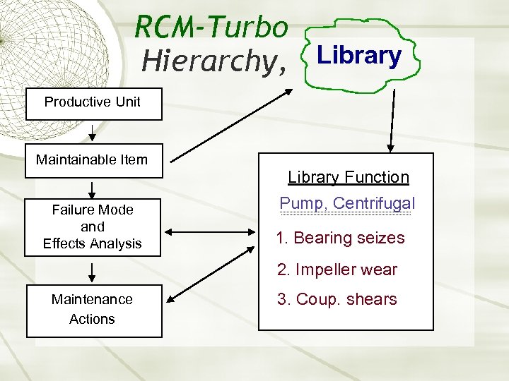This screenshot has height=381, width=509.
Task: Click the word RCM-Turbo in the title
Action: (211, 28)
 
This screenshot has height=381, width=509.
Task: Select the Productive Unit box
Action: (93, 102)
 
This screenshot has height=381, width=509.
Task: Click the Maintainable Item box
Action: (93, 160)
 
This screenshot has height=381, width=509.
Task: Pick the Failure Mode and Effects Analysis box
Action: (93, 227)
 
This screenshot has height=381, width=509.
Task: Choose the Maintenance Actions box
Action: (93, 310)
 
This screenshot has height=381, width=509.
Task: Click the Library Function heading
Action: (348, 177)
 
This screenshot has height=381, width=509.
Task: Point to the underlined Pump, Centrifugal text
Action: (347, 204)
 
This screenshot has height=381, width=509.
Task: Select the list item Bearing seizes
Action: (341, 238)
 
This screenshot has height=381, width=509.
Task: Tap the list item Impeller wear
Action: (337, 270)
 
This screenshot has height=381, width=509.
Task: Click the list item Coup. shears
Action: (337, 299)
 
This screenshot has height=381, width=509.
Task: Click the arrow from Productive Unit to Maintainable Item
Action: (93, 134)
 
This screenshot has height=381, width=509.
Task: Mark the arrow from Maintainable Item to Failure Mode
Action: (93, 189)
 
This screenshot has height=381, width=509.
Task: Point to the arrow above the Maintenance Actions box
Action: (93, 272)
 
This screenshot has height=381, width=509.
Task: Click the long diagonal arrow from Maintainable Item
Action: (230, 124)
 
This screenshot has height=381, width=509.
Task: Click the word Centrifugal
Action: (374, 204)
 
